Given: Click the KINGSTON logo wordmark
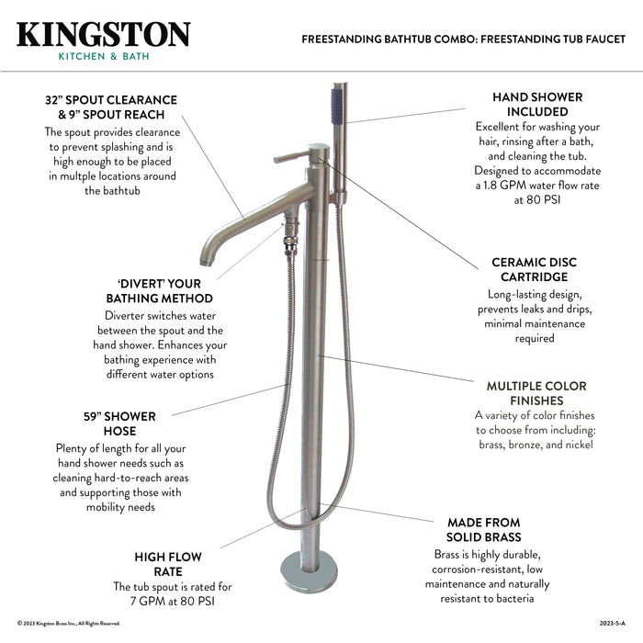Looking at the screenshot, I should click(103, 34).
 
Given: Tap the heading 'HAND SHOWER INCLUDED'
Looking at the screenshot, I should click(536, 104).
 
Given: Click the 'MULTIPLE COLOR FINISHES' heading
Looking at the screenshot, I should click(536, 393).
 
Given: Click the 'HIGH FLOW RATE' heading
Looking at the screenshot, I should click(168, 564).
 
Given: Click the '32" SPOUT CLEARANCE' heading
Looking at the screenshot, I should click(111, 107).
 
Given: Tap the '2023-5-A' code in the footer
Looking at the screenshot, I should click(611, 624).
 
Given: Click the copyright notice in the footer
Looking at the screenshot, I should click(69, 624).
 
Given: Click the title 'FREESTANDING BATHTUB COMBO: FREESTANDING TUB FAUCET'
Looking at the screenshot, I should click(464, 39).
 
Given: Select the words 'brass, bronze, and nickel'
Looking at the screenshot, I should click(536, 445).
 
